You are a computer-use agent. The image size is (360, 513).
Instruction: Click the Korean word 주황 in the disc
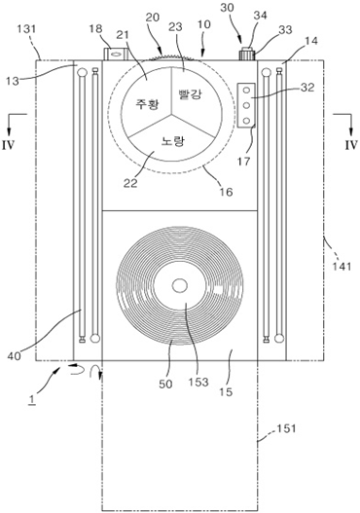point(148,104)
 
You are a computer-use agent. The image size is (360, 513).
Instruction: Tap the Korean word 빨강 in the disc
point(191,93)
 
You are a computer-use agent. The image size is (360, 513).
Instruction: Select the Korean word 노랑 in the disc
point(173,141)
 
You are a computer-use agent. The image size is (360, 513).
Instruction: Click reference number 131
point(26,29)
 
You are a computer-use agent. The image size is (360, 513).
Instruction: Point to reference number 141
point(342,266)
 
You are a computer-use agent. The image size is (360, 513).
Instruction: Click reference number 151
point(286,428)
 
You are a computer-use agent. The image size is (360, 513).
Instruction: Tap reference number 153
point(198,382)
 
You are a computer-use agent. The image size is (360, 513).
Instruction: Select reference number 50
point(165,384)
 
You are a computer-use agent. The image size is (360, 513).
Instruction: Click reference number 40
point(14,355)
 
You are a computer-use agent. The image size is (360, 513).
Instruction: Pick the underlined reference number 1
point(31,400)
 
